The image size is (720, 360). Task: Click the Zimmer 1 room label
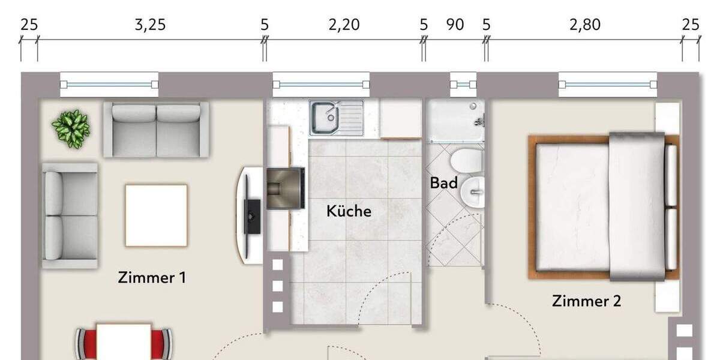pyautogui.click(x=152, y=278)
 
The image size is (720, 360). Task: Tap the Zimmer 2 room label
pyautogui.click(x=586, y=301)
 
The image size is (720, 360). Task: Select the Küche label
pyautogui.click(x=349, y=211)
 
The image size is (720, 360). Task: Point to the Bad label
pyautogui.click(x=443, y=183)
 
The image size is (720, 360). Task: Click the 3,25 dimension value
pyautogui.click(x=149, y=25)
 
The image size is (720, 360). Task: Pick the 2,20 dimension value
pyautogui.click(x=344, y=25)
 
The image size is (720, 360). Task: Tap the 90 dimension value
pyautogui.click(x=455, y=25)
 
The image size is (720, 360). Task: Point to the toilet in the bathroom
pyautogui.click(x=467, y=160)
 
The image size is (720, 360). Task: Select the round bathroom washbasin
pyautogui.click(x=475, y=193)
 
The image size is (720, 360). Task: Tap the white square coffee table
pyautogui.click(x=156, y=215)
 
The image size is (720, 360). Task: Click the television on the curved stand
pyautogui.click(x=253, y=215)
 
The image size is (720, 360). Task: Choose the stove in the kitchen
pyautogui.click(x=285, y=188)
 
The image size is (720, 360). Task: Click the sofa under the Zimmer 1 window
pyautogui.click(x=156, y=128)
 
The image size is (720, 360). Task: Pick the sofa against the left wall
pyautogui.click(x=70, y=215)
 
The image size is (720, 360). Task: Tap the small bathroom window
pyautogui.click(x=463, y=85)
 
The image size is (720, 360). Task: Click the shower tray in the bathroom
pyautogui.click(x=455, y=121)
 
